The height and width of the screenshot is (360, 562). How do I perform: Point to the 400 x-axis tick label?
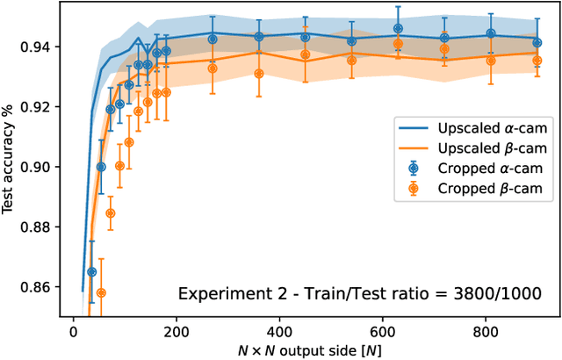[x=280, y=332]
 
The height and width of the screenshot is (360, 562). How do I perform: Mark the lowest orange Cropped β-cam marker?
[x=101, y=292]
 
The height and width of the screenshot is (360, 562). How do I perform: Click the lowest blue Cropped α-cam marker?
[x=91, y=272]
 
